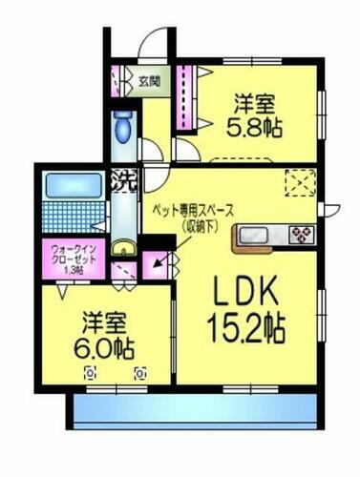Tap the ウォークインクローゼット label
point(68,259)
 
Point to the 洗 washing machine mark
point(121,176)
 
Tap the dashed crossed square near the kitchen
point(300,181)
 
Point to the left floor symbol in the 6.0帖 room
point(91,373)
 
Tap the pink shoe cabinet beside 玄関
point(116,82)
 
